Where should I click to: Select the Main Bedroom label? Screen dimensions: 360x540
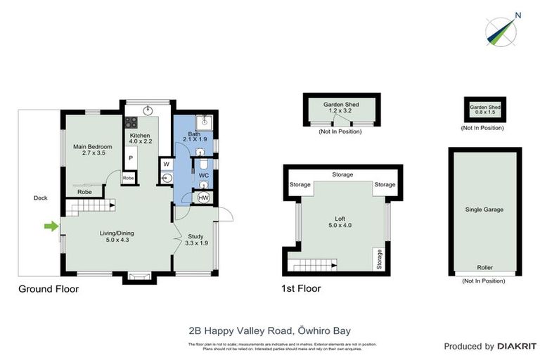tap(93, 150)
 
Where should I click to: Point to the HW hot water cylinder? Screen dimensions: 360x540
tap(204, 198)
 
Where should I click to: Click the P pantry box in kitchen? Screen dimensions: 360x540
tap(131, 159)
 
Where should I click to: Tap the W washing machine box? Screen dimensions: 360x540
tap(166, 165)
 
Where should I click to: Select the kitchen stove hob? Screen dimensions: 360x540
tap(131, 122)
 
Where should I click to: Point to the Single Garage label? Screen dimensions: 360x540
tap(484, 210)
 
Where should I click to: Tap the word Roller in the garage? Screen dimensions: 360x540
tap(484, 268)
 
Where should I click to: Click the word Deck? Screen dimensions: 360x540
tap(41, 198)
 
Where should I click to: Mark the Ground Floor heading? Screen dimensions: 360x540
tap(49, 288)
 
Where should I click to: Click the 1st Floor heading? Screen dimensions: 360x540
tap(302, 288)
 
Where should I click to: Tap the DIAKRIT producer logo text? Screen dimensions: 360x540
tap(517, 346)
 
